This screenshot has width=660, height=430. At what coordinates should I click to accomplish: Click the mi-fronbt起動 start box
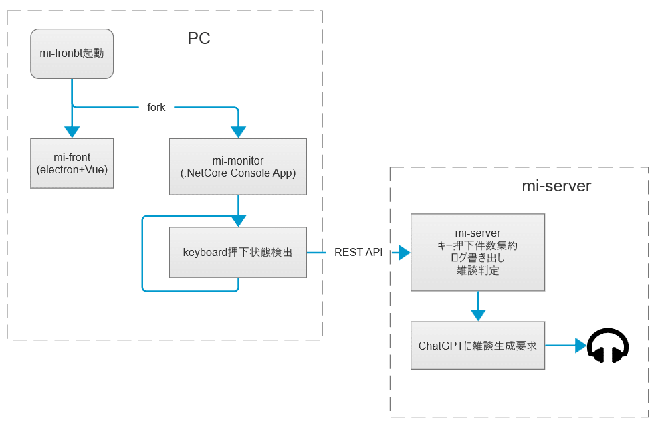click(x=72, y=53)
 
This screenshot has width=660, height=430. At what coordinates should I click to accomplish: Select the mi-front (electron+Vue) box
click(x=72, y=163)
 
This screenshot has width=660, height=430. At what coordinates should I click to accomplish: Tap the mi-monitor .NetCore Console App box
click(x=237, y=167)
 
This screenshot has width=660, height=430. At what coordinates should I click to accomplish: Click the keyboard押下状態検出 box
click(x=237, y=253)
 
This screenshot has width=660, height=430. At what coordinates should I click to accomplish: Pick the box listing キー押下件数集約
click(x=477, y=252)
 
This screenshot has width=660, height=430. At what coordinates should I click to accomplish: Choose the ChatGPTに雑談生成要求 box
click(x=477, y=346)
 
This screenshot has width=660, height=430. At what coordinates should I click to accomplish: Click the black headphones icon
click(x=608, y=346)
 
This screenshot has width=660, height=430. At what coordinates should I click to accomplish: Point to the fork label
click(x=156, y=107)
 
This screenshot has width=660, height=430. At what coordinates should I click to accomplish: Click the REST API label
click(x=358, y=253)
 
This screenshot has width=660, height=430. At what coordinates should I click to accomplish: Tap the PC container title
click(x=199, y=38)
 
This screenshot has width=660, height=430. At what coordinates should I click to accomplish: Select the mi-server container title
click(x=556, y=186)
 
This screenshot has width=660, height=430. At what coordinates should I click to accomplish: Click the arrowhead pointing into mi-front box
click(x=72, y=132)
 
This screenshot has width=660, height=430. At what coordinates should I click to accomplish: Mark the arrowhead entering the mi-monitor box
click(x=237, y=132)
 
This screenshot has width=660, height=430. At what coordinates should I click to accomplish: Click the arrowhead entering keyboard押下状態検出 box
click(x=237, y=221)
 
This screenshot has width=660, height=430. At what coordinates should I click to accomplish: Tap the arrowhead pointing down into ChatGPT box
click(x=477, y=314)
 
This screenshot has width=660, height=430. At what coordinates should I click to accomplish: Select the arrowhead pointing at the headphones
click(x=580, y=346)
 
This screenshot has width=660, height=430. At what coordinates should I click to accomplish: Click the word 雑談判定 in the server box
click(x=477, y=271)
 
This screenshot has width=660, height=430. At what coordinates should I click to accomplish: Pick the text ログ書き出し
click(x=477, y=258)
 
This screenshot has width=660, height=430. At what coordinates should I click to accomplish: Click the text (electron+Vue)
click(x=72, y=170)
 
